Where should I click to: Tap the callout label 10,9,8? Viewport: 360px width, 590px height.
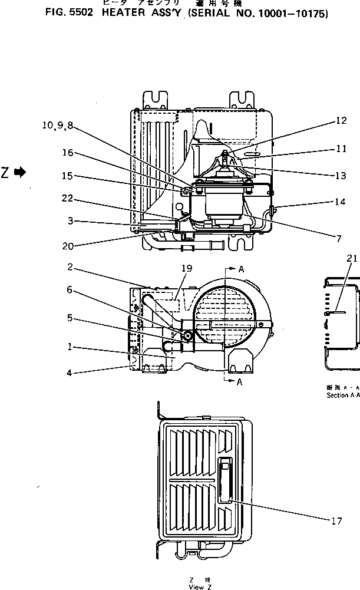tap(58, 125)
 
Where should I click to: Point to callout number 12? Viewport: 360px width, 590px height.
tap(342, 121)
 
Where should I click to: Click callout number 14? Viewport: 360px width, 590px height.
tap(339, 202)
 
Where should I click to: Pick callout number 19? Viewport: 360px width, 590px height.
tap(186, 268)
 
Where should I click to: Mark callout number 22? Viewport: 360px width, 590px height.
tap(67, 198)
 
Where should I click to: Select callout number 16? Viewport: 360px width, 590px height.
tap(67, 153)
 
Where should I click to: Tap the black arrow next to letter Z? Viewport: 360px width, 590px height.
tap(20, 172)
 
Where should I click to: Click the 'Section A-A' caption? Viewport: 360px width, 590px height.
tap(343, 395)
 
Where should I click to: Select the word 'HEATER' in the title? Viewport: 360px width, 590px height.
tap(123, 13)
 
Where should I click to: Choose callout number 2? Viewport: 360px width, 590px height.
tap(70, 267)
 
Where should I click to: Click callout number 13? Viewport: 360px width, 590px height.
tap(340, 176)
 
